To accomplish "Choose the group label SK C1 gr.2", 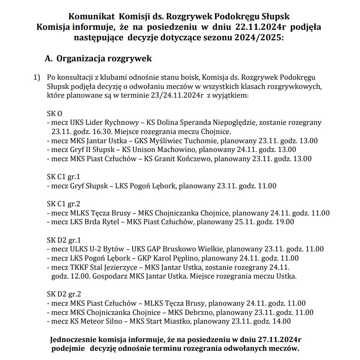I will (x=64, y=204).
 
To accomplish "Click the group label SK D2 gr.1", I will (x=64, y=240).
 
